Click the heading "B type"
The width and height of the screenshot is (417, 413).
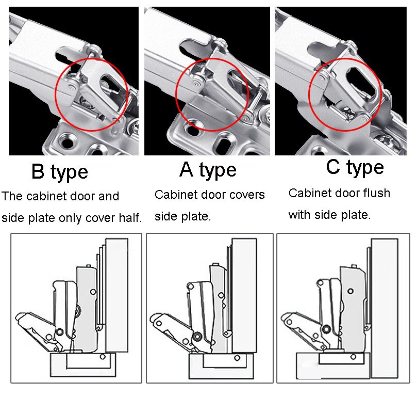tap(59, 172)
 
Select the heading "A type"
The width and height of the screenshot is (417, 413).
tap(208, 169)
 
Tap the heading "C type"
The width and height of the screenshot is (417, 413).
tap(355, 167)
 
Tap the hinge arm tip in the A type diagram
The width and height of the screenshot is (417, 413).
tap(157, 322)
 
